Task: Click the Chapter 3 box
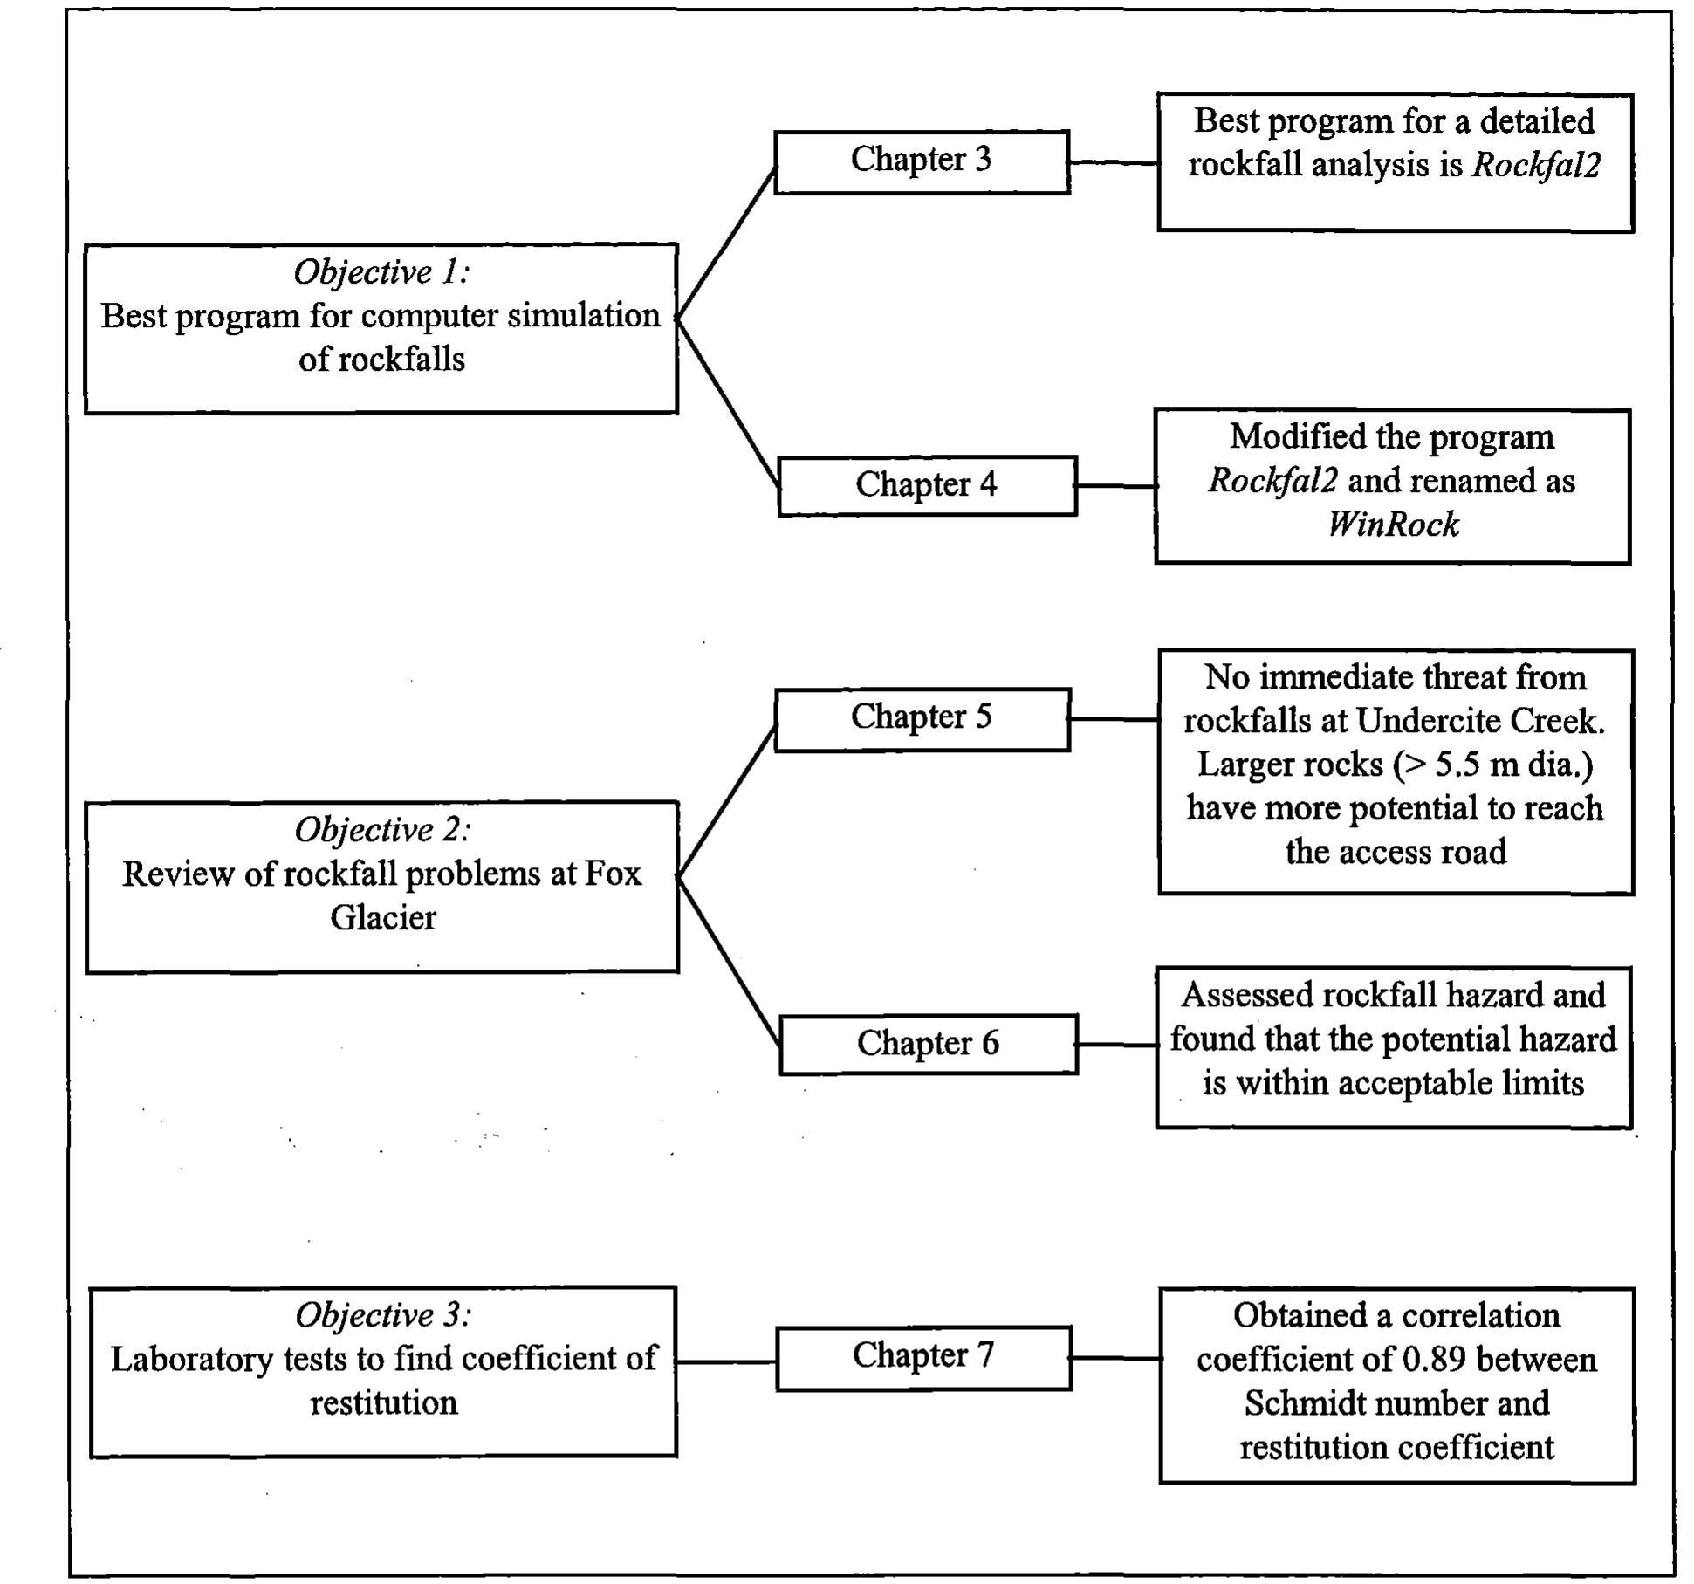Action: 921,161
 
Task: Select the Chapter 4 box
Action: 926,485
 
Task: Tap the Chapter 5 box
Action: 921,718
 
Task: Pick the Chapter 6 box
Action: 927,1044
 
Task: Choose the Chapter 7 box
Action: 922,1357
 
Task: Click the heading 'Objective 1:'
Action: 381,273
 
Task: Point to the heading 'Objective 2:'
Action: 382,830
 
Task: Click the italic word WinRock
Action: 1393,525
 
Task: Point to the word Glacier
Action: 382,917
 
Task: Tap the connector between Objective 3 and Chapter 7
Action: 726,1361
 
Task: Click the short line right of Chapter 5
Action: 1114,719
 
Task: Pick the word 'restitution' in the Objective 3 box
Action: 383,1402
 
